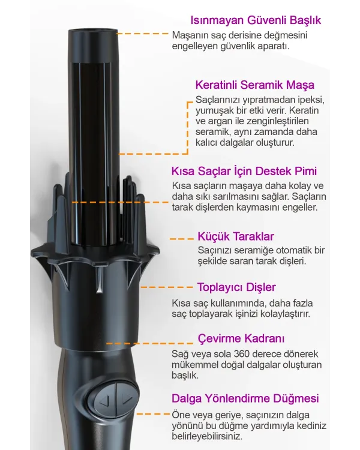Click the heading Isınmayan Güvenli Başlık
tap(256, 20)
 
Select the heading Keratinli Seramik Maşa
tap(255, 85)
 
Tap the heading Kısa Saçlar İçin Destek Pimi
tap(244, 171)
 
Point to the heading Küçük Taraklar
tap(236, 236)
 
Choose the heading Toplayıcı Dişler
tap(236, 287)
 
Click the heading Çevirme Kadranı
tap(241, 338)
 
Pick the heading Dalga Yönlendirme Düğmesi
tap(245, 398)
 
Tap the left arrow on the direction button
tap(105, 401)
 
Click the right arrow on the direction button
tap(126, 397)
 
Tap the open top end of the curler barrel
tap(92, 29)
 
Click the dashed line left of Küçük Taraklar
tap(181, 239)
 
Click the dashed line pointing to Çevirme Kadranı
tap(149, 343)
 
